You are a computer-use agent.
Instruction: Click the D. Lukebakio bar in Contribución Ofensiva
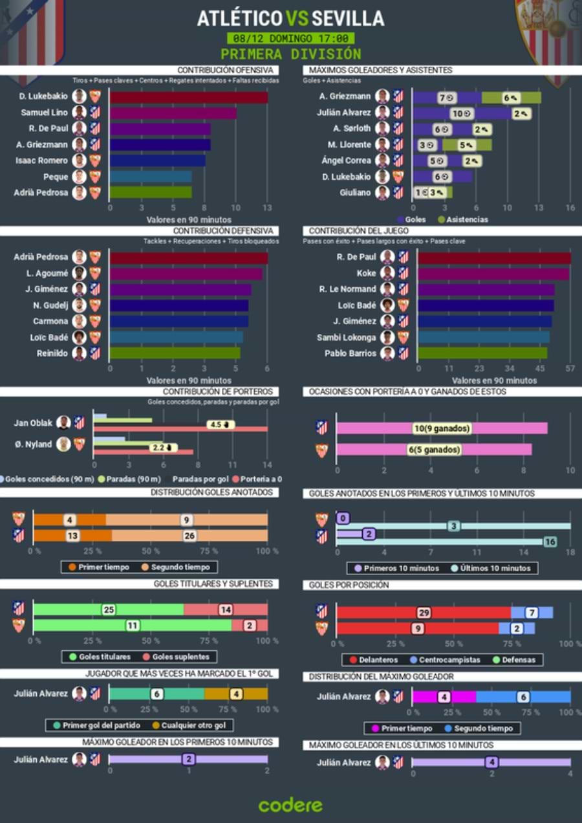click(x=188, y=97)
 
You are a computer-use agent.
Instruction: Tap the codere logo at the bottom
click(x=290, y=805)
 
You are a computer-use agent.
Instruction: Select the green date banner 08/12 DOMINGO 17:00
click(x=290, y=38)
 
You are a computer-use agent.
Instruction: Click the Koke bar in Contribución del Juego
click(x=493, y=273)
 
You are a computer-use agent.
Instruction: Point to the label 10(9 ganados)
click(x=442, y=428)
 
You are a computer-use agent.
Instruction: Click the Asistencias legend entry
click(x=462, y=219)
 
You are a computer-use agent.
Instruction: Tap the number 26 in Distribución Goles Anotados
click(x=189, y=536)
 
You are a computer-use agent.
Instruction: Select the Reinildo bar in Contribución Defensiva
click(x=175, y=353)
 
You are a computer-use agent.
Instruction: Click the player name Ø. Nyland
click(x=34, y=444)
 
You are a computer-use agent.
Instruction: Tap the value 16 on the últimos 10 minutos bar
click(x=550, y=542)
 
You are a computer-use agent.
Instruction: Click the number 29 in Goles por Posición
click(x=424, y=613)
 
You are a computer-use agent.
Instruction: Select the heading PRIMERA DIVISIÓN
click(x=290, y=54)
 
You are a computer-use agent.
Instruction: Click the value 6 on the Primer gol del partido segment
click(x=156, y=694)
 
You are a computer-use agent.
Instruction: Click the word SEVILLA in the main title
click(x=348, y=18)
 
